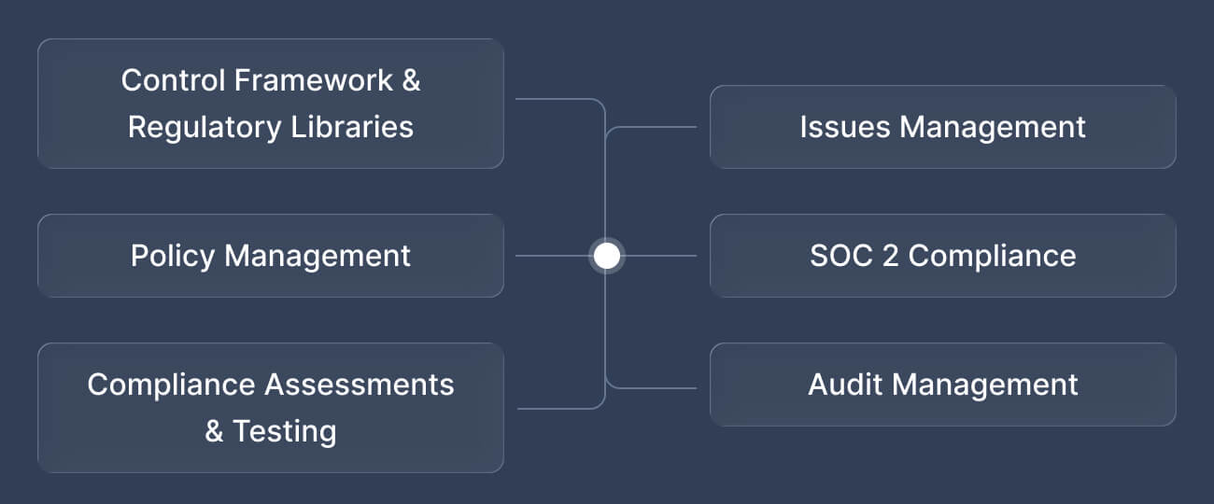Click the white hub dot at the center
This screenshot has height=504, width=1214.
coord(607,256)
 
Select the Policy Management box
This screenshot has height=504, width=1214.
coord(271,256)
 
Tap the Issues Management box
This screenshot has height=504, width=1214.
coord(942,127)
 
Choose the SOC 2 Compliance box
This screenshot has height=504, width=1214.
coord(942,256)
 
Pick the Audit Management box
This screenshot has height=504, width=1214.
coord(942,385)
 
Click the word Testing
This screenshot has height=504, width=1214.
coord(284,431)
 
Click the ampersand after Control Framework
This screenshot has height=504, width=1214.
coord(411,80)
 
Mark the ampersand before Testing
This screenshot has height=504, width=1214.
coord(215,431)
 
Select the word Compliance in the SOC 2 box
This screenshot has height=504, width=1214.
coord(992,256)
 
